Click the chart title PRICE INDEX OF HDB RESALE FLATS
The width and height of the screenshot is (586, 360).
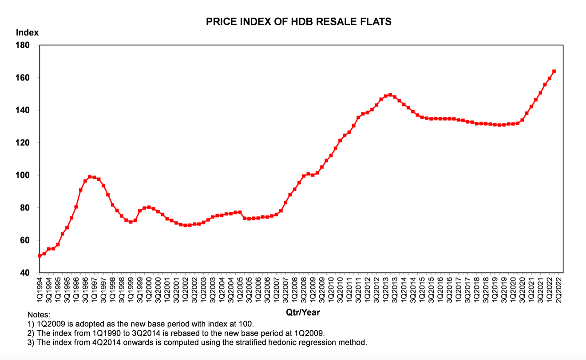pos(299,22)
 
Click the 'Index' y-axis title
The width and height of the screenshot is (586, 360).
pos(27,32)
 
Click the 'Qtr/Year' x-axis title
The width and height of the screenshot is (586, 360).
pos(303,313)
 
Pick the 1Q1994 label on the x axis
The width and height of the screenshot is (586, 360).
pos(40,289)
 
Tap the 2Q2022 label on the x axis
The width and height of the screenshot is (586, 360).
pos(558,289)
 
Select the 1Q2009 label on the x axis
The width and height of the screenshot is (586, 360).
pos(313,289)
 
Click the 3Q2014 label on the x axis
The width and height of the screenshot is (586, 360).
pos(412,289)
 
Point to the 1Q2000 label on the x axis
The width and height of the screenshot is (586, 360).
pos(149,289)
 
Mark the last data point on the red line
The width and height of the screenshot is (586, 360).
pos(554,71)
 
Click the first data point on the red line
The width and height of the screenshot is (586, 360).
pos(40,256)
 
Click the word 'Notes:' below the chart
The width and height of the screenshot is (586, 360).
pos(39,315)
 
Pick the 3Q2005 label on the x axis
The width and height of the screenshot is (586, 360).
pos(249,289)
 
